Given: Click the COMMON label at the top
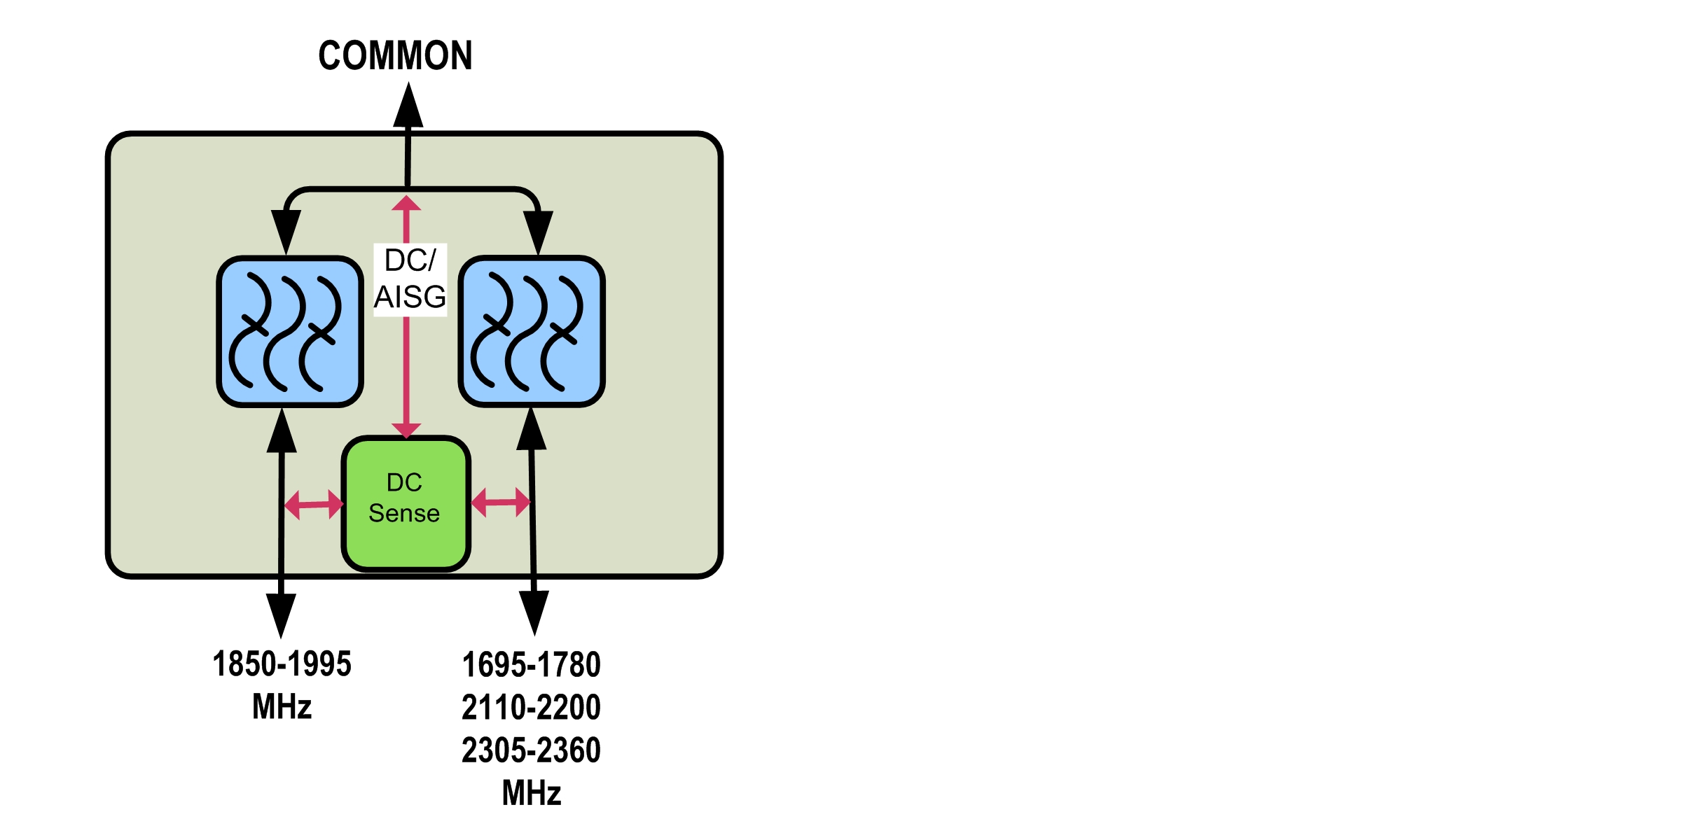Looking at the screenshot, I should (395, 56).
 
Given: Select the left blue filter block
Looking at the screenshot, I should (290, 331).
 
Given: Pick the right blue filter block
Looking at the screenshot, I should (532, 331).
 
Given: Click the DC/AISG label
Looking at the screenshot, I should (410, 279).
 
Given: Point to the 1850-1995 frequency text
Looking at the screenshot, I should (282, 664).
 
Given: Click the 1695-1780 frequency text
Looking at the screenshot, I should (531, 664).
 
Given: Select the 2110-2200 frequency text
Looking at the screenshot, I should (531, 707).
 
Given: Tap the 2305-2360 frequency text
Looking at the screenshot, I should (531, 750).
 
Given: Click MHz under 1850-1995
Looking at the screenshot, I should (282, 706).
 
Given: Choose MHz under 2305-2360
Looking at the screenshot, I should (531, 793).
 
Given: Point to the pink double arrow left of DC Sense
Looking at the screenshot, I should (314, 504).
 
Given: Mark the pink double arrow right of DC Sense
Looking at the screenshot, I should (500, 502).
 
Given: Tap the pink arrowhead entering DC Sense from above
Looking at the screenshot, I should (406, 430).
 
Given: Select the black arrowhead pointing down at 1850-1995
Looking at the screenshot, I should (281, 615).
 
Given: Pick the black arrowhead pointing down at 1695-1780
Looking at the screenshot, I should (534, 612).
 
